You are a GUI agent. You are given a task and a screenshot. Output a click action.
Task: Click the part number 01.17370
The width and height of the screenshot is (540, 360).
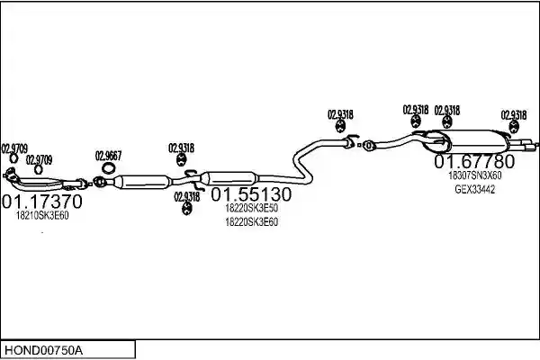(42, 202)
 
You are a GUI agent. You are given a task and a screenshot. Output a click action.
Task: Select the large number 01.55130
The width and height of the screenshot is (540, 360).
(251, 194)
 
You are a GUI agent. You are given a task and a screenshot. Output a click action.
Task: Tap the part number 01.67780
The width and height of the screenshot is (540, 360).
(474, 161)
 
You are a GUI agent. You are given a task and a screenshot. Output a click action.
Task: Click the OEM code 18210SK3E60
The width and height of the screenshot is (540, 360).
(42, 216)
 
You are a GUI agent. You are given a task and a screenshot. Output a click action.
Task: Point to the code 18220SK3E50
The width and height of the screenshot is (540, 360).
(251, 208)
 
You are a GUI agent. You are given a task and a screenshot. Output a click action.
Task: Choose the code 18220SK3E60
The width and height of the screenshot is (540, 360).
(251, 222)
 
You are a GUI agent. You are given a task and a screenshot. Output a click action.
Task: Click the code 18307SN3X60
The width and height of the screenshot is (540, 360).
(474, 175)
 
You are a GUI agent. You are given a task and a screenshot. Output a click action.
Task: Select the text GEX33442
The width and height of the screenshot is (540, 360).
(475, 190)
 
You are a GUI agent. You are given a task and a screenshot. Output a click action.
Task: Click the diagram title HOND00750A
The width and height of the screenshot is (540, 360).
(43, 350)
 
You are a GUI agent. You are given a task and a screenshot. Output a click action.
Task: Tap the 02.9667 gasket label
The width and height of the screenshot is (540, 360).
(109, 156)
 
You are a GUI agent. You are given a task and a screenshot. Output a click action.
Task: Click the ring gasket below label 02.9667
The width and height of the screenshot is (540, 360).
(109, 168)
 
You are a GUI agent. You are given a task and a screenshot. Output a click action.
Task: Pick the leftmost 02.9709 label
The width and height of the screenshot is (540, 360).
(14, 148)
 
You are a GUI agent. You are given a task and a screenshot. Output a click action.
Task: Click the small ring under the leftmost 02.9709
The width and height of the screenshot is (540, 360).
(13, 158)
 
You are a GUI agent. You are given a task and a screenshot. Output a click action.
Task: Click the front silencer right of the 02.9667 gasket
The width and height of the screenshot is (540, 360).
(142, 182)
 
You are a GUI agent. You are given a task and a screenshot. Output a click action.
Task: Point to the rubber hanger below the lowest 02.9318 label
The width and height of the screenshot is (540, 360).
(186, 209)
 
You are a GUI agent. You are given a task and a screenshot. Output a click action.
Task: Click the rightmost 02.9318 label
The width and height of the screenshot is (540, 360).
(514, 115)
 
